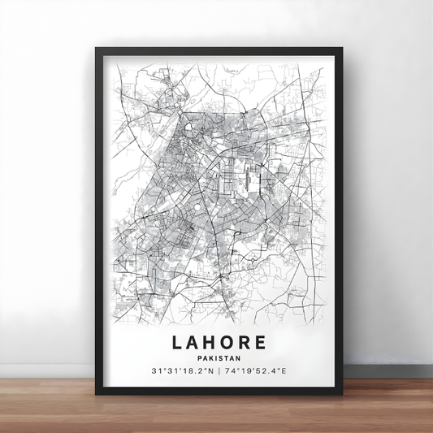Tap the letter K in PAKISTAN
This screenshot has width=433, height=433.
click(210, 355)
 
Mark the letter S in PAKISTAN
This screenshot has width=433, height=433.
click(222, 355)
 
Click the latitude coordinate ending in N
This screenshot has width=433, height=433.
click(182, 371)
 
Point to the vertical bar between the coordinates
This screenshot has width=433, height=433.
click(220, 371)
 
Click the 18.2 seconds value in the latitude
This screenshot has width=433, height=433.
click(195, 371)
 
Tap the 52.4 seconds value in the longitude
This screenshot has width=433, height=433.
click(271, 371)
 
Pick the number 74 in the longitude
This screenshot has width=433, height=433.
click(233, 371)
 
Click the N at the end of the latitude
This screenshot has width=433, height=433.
click(211, 371)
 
